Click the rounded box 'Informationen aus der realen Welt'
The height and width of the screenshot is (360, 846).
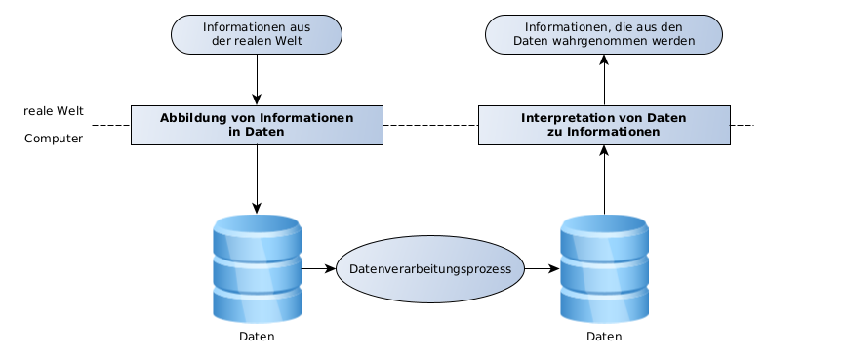(x=257, y=34)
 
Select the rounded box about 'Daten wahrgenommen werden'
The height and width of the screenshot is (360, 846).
(x=604, y=34)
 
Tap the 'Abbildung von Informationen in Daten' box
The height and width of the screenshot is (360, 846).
(x=257, y=125)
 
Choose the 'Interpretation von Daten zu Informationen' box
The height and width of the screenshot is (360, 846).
(x=604, y=125)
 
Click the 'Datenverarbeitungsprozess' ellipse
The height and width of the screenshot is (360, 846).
(x=430, y=269)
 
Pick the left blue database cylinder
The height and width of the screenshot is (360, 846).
(x=257, y=269)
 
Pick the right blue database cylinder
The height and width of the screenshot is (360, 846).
(x=604, y=269)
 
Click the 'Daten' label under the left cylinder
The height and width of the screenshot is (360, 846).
(x=257, y=337)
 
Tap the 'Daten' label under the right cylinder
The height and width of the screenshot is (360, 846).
(x=604, y=337)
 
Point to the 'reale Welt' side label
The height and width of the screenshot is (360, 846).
(x=54, y=111)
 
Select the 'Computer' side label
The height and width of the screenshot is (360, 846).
(x=54, y=139)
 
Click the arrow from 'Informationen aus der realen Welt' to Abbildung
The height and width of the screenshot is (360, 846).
(x=257, y=79)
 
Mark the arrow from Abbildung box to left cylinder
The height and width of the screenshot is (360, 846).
(x=257, y=180)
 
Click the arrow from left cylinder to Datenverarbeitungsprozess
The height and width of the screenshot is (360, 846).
(x=318, y=268)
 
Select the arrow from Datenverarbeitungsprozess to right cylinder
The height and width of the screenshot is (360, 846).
(x=543, y=268)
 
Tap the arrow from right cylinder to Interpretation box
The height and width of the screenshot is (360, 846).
(x=604, y=180)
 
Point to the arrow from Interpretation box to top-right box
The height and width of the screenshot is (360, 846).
(x=604, y=80)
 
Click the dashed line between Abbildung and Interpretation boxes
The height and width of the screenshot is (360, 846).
(x=430, y=125)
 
